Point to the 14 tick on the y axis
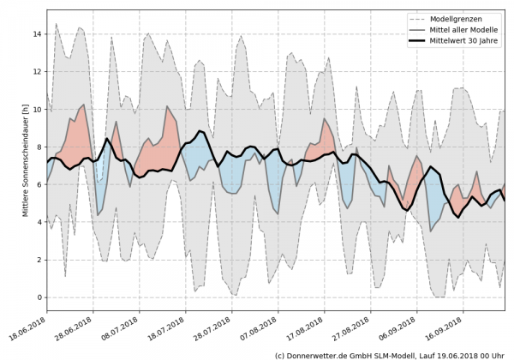click(x=37, y=34)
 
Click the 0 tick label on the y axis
click(x=39, y=297)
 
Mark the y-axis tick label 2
click(x=39, y=260)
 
